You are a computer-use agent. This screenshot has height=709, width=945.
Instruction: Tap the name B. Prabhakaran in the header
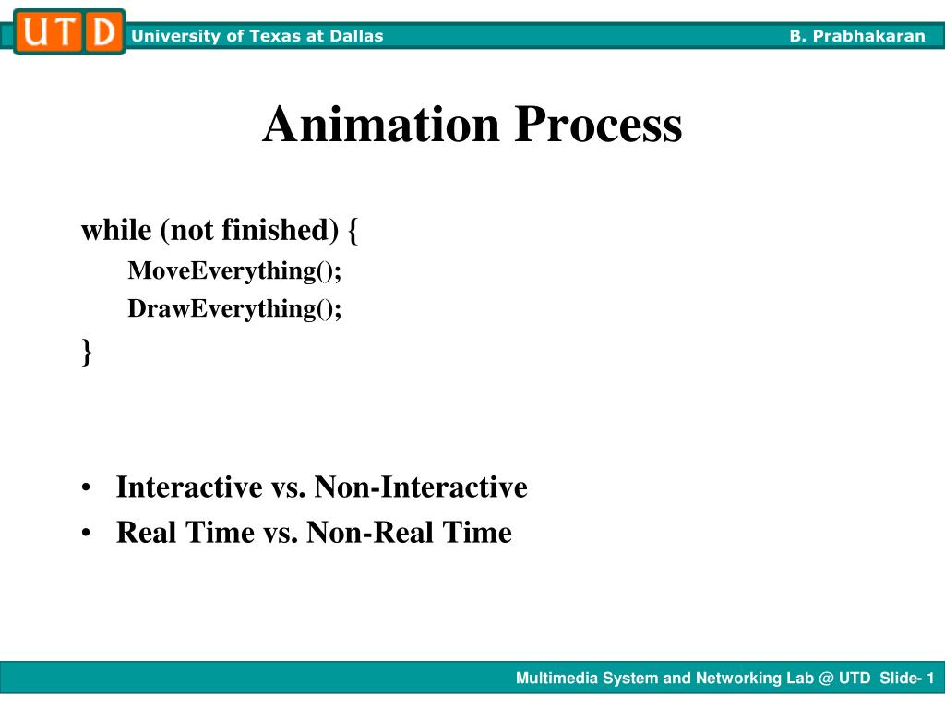tap(856, 36)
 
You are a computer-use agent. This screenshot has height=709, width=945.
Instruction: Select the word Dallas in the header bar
tap(359, 36)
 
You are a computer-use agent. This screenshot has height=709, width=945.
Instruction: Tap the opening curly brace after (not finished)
tap(354, 231)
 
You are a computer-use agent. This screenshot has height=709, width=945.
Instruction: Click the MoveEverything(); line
tap(234, 270)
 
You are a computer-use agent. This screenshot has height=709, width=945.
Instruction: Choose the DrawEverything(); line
tap(234, 308)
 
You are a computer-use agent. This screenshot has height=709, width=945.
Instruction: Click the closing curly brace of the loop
tap(87, 351)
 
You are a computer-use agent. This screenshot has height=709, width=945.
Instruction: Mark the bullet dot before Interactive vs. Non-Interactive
tap(86, 488)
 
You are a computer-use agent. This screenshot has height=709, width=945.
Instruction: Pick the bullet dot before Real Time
tap(86, 534)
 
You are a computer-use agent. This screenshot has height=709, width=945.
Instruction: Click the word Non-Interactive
tap(421, 487)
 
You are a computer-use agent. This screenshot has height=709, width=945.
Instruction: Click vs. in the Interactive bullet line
tap(288, 487)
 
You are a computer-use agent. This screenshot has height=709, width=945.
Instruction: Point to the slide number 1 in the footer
tap(930, 679)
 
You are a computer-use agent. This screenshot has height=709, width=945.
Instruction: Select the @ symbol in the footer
tap(825, 679)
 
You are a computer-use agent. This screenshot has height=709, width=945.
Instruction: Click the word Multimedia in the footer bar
tap(557, 679)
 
